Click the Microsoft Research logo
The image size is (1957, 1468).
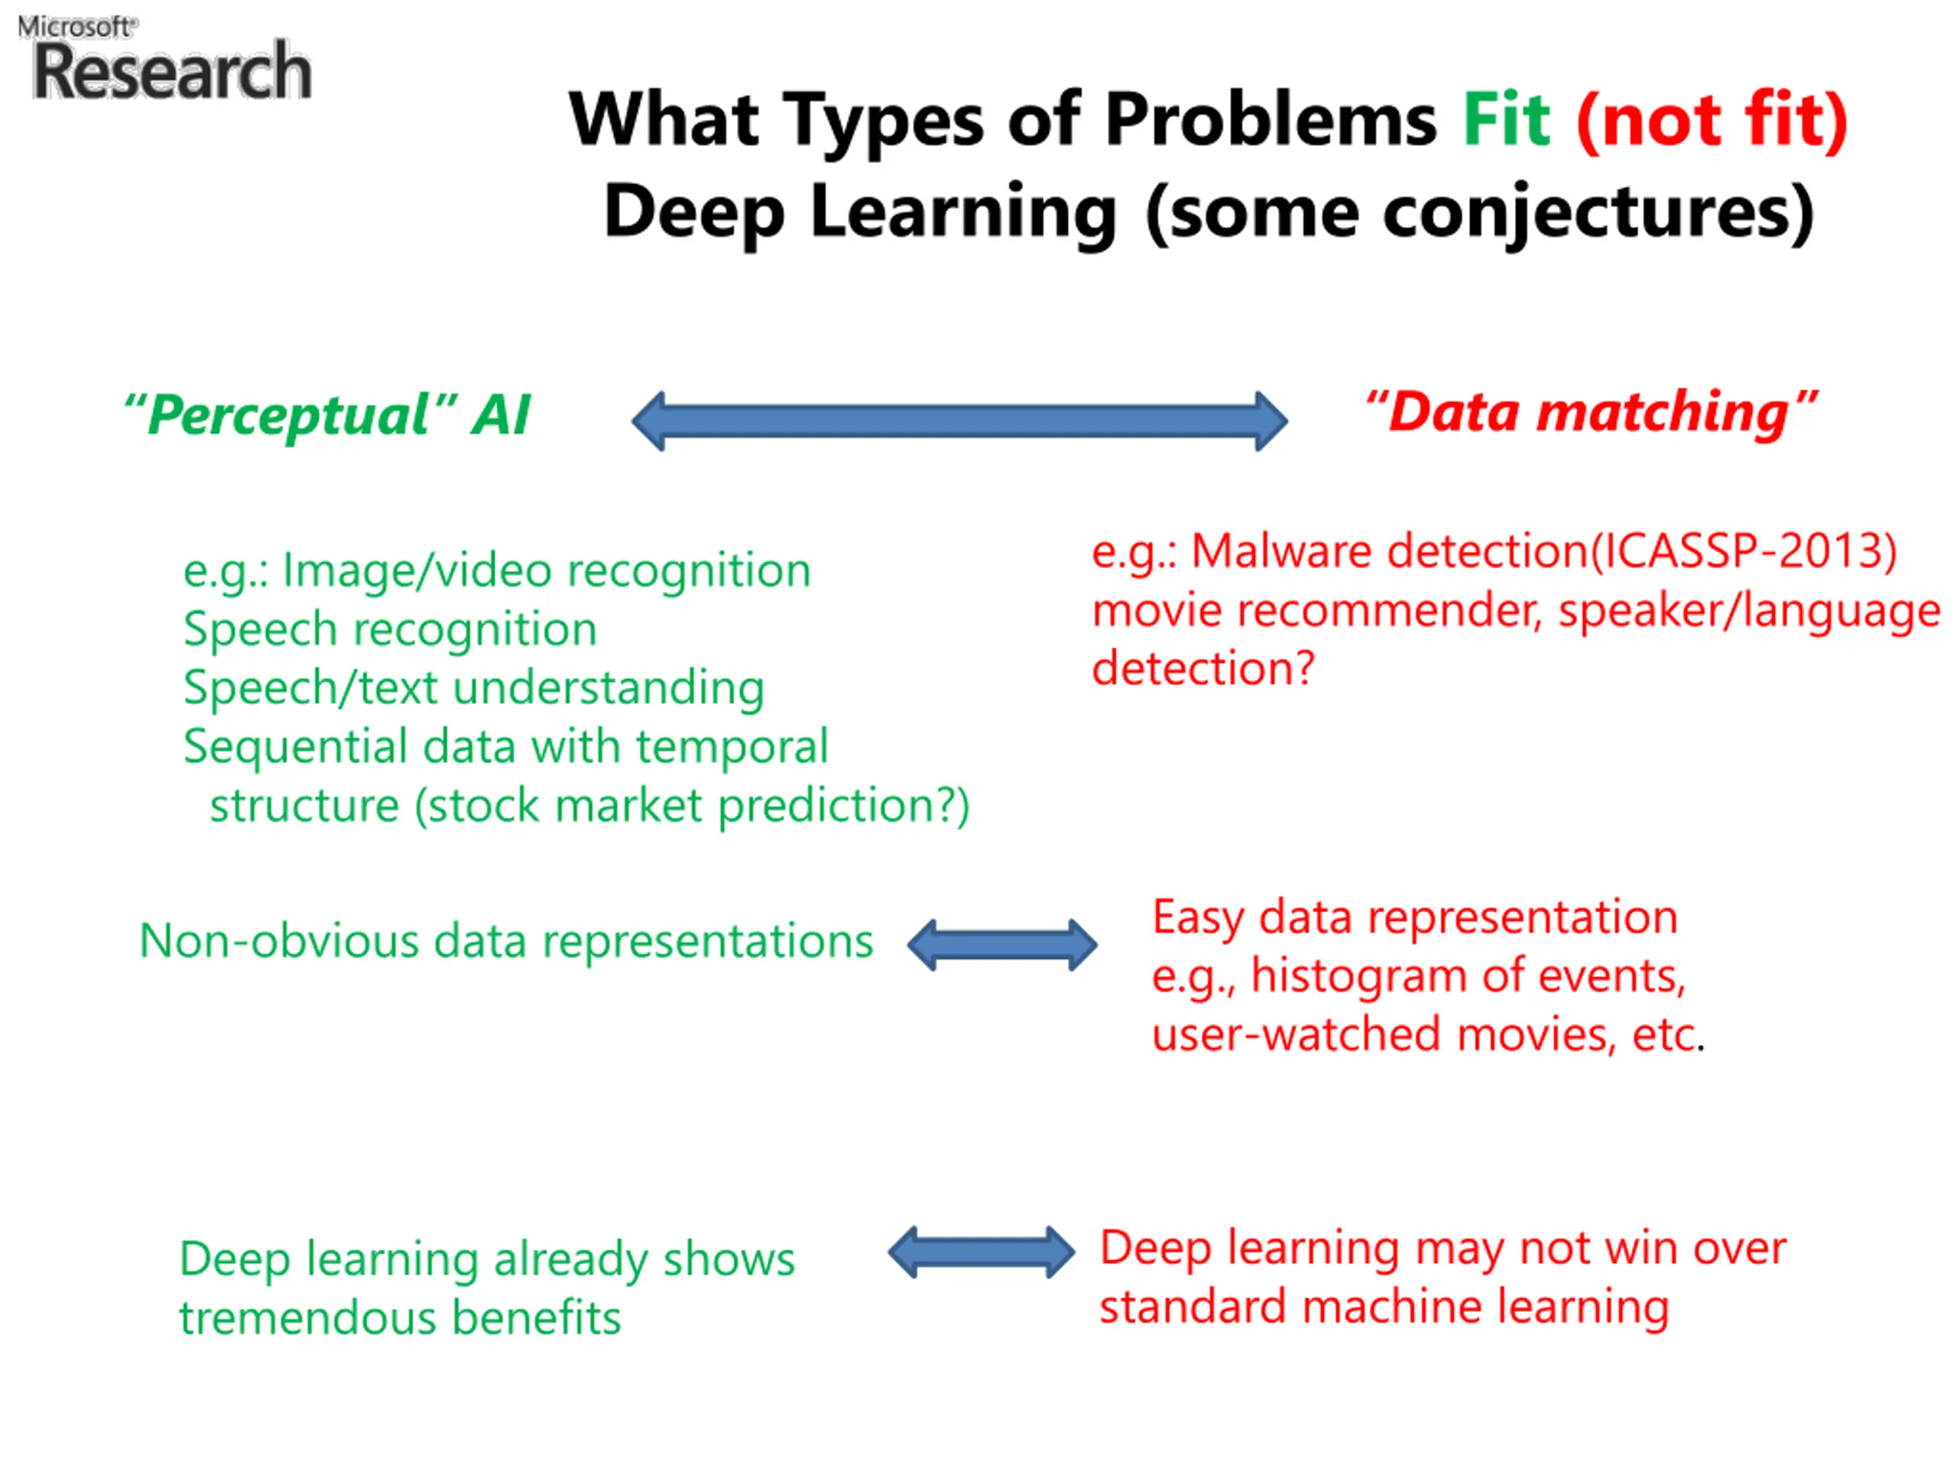[x=165, y=60]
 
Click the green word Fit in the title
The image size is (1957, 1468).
[x=1505, y=119]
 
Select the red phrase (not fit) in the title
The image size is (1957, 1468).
[x=1711, y=119]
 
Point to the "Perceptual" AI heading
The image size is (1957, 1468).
[x=327, y=414]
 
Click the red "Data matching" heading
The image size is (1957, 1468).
[x=1590, y=411]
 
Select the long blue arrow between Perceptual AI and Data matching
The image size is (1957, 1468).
[x=959, y=421]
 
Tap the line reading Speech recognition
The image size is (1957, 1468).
[x=390, y=629]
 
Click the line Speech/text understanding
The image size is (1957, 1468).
[x=474, y=687]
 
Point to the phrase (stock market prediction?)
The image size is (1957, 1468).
[x=692, y=805]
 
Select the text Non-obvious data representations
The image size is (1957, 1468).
[x=506, y=940]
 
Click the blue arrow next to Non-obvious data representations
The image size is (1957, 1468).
[x=1002, y=945]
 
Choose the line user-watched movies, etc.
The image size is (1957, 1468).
[x=1426, y=1034]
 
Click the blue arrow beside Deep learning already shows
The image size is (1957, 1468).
[x=981, y=1252]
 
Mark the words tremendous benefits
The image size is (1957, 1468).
[x=400, y=1317]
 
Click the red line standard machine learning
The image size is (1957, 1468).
[x=1384, y=1307]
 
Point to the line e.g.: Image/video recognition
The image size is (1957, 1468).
[x=497, y=570]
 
